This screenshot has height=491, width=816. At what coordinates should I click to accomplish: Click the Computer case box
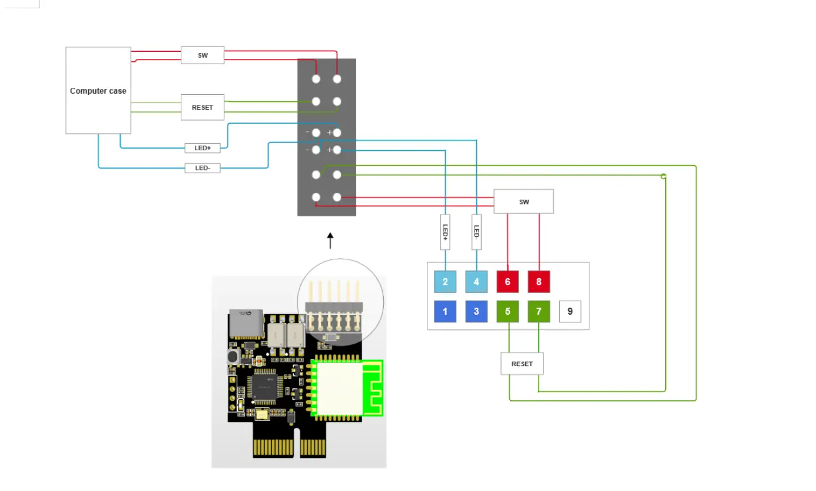pyautogui.click(x=98, y=90)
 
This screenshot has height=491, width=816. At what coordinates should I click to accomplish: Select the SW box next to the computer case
pyautogui.click(x=203, y=55)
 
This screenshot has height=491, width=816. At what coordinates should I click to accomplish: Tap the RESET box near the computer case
pyautogui.click(x=203, y=107)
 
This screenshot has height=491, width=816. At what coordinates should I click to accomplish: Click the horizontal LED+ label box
pyautogui.click(x=203, y=148)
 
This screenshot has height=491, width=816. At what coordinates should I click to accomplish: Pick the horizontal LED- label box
pyautogui.click(x=203, y=168)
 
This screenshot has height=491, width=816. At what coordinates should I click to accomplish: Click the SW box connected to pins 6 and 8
pyautogui.click(x=524, y=202)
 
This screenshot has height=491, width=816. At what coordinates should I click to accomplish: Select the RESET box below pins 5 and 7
pyautogui.click(x=522, y=364)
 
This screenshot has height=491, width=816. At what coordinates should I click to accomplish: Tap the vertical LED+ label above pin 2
pyautogui.click(x=445, y=232)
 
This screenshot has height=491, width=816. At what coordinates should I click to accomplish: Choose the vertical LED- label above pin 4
pyautogui.click(x=476, y=232)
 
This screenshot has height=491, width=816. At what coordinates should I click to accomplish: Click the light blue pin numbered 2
pyautogui.click(x=445, y=282)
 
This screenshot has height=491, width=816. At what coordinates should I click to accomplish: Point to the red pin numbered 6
pyautogui.click(x=507, y=282)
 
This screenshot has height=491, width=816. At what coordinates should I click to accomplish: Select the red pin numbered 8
pyautogui.click(x=539, y=282)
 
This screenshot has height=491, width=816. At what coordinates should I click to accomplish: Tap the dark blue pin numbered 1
pyautogui.click(x=445, y=311)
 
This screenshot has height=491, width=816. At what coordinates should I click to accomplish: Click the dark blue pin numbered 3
pyautogui.click(x=476, y=311)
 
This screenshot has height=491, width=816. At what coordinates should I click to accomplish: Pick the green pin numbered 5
pyautogui.click(x=507, y=311)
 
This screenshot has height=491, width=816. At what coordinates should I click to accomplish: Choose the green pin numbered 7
pyautogui.click(x=539, y=311)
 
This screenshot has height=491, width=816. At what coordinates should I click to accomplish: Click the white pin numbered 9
pyautogui.click(x=570, y=311)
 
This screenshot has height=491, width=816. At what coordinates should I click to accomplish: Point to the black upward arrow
pyautogui.click(x=330, y=240)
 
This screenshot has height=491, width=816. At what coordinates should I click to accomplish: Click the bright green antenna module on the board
pyautogui.click(x=346, y=388)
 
